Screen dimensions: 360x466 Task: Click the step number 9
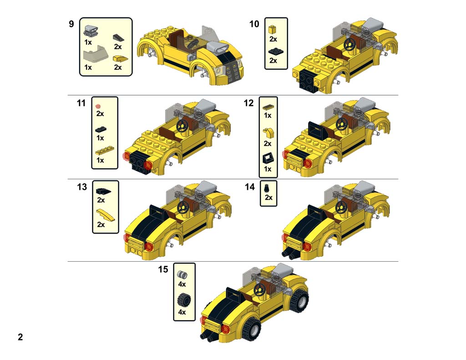[x=71, y=24]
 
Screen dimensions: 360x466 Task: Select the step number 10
[x=254, y=24]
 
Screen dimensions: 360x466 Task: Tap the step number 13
[x=82, y=187]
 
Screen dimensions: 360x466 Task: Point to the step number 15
[x=163, y=269]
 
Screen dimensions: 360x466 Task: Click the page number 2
[x=20, y=337]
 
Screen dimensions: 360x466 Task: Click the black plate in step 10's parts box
[x=274, y=51]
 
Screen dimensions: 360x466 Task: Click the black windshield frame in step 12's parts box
[x=268, y=158]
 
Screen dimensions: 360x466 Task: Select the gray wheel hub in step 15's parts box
[x=182, y=274]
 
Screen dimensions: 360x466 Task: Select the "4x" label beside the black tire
[x=182, y=313]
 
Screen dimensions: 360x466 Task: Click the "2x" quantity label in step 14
[x=268, y=198]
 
